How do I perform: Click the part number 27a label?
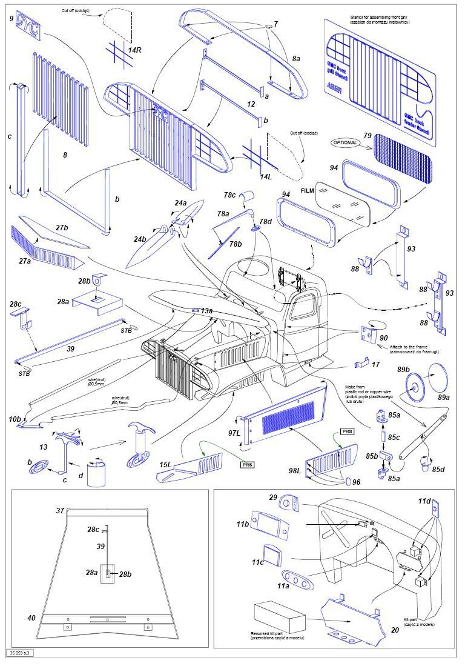coord(24,261)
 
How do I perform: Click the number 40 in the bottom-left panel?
coord(31,618)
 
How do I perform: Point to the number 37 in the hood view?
coord(60,511)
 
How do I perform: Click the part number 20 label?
coord(395,630)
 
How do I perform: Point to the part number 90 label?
coord(383,337)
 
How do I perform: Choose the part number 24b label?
coord(140,239)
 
